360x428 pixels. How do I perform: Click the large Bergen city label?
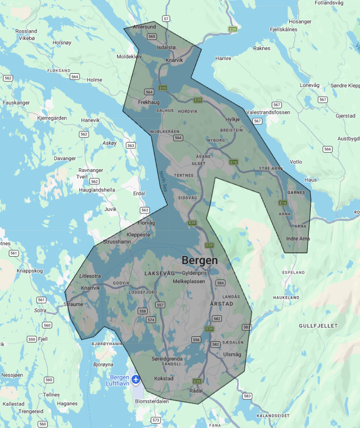tap(200, 260)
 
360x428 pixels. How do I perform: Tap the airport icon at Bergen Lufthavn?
tap(136, 379)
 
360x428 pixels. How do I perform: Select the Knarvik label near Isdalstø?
tap(174, 60)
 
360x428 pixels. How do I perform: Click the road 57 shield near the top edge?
tap(166, 19)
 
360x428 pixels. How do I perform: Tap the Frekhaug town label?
tap(149, 102)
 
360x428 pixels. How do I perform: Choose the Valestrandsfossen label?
tap(268, 112)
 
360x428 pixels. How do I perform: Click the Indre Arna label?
tap(298, 238)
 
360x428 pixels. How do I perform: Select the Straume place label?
tap(73, 304)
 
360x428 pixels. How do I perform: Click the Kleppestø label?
tap(139, 234)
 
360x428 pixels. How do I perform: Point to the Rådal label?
tap(196, 390)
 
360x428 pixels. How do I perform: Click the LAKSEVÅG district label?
tap(160, 274)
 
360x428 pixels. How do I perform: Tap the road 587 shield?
tap(246, 326)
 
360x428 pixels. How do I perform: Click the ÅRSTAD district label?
tap(221, 304)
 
